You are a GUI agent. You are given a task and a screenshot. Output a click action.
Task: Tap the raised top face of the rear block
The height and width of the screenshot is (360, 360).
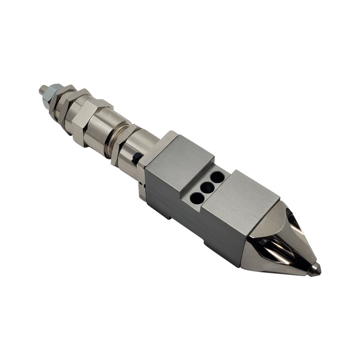[180, 158]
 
